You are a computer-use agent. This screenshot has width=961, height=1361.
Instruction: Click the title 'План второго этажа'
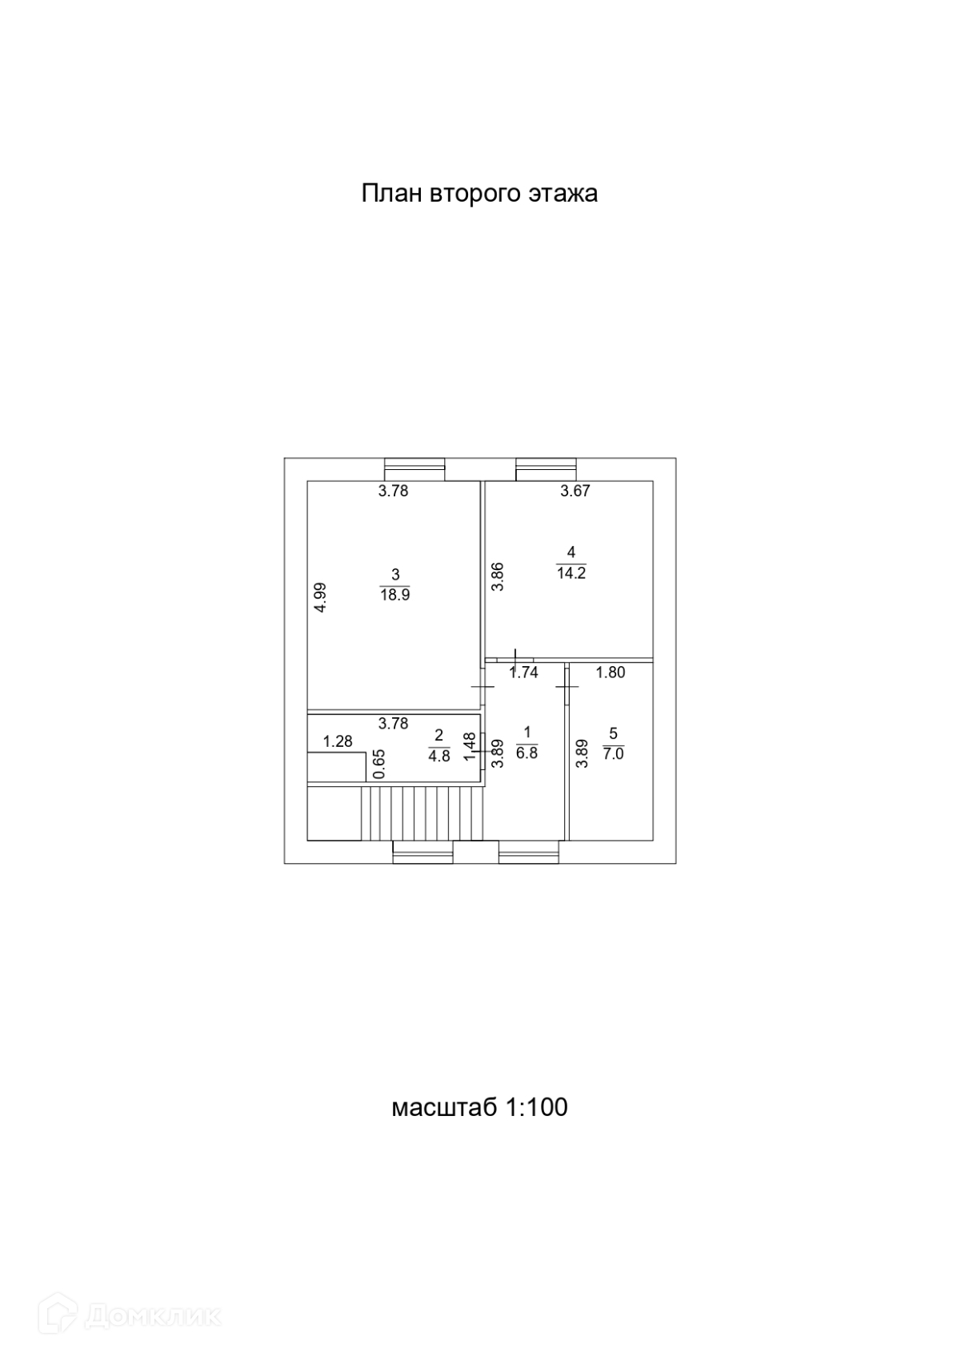[479, 194]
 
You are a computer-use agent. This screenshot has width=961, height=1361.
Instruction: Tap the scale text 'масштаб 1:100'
[479, 1107]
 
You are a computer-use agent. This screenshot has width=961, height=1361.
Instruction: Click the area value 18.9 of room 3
[394, 596]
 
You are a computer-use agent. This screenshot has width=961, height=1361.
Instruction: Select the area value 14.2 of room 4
[571, 573]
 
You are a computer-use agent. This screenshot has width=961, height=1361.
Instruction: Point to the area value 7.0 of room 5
[613, 754]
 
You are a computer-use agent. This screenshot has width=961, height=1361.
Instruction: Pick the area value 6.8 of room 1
[527, 753]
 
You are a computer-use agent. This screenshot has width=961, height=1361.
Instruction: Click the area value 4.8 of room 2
[439, 756]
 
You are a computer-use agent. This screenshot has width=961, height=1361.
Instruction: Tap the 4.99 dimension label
[320, 597]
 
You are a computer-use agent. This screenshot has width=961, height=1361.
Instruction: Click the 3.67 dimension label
[575, 492]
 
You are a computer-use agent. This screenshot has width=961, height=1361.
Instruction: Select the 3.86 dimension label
[497, 577]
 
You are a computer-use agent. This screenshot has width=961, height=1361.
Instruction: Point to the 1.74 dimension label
[524, 673]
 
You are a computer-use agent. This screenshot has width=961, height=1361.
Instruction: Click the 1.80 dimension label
[611, 673]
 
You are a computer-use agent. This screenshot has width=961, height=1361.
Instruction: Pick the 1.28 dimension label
[338, 742]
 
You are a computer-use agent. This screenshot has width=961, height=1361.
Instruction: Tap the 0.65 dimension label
[380, 764]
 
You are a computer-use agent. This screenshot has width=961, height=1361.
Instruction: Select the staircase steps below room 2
[422, 813]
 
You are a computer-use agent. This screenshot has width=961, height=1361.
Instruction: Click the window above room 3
[414, 469]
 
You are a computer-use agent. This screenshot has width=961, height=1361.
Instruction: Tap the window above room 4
[546, 469]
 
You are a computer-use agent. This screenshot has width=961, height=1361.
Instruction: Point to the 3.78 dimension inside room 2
[393, 724]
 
